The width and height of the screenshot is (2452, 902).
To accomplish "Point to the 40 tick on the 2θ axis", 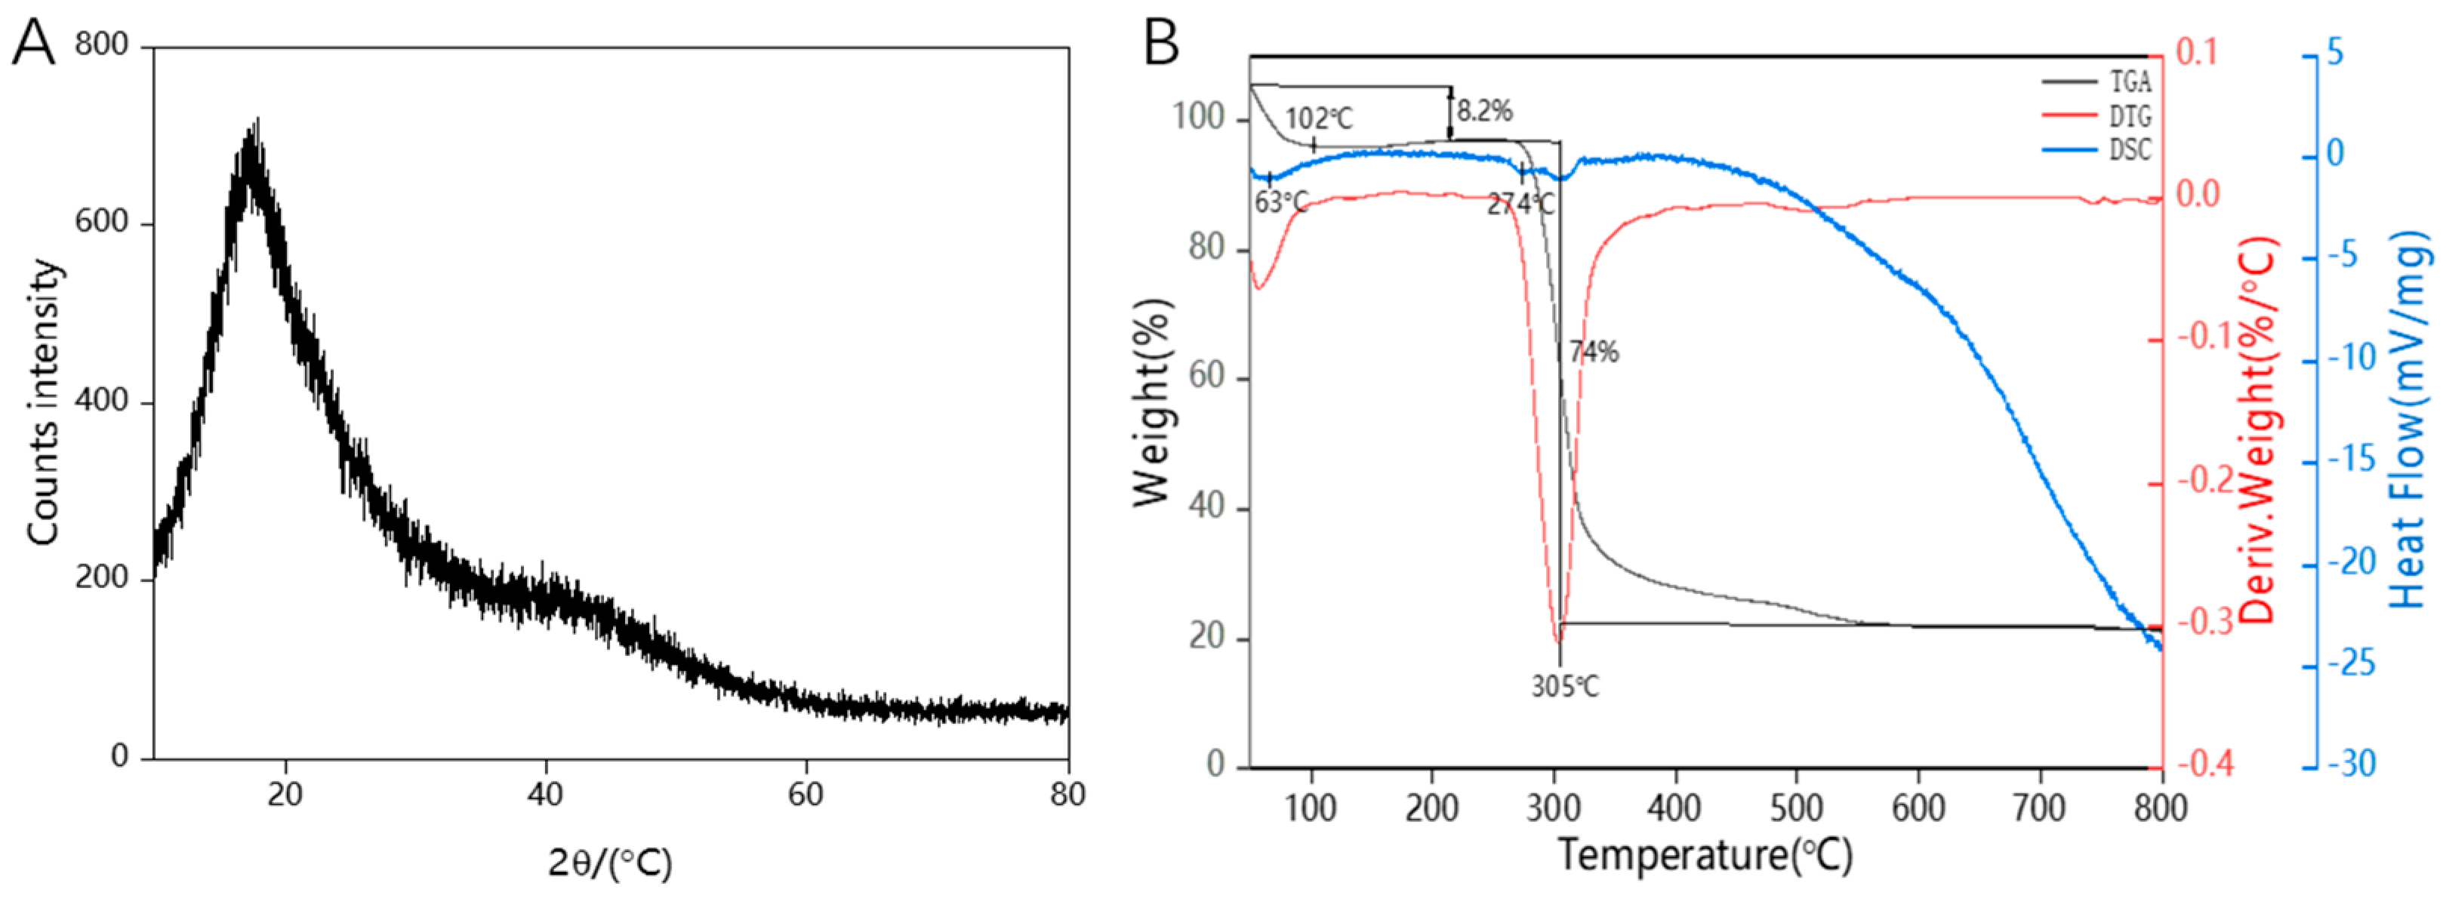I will [x=545, y=793].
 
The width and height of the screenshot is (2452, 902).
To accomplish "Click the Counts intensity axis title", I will [x=44, y=402].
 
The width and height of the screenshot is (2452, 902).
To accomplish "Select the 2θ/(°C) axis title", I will [x=610, y=862].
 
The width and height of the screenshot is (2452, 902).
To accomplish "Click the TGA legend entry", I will [x=2130, y=82].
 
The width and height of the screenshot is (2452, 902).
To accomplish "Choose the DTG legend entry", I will [x=2130, y=116].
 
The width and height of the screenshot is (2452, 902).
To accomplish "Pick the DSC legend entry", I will [x=2130, y=150].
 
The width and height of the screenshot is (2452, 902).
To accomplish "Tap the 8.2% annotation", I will [x=1484, y=111].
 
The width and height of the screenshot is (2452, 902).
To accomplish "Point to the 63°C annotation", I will [x=1280, y=202].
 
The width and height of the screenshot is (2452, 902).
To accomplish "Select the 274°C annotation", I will [x=1521, y=204].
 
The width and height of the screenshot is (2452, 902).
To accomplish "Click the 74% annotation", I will [x=1594, y=352].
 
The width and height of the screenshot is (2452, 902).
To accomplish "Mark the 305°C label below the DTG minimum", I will [x=1565, y=685].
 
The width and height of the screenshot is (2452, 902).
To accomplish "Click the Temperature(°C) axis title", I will [x=1705, y=854].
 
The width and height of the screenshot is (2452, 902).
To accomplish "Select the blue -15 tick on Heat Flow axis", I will [x=2349, y=461].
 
